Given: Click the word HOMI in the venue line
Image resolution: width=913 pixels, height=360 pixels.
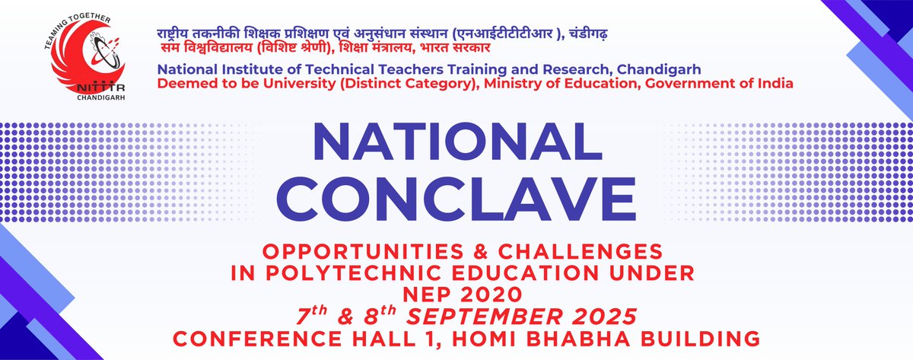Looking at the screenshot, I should [493, 336].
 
